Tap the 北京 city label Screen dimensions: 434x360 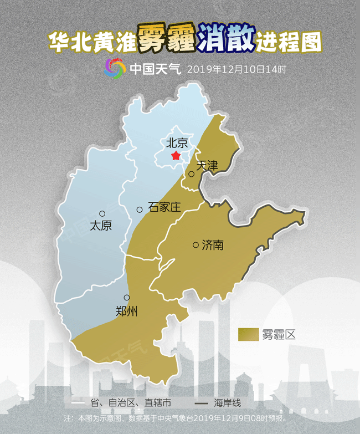point(177,143)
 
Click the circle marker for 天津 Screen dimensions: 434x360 point(191,174)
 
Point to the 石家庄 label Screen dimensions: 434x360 point(164,208)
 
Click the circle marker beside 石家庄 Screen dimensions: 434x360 point(140,210)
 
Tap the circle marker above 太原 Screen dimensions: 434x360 point(102,213)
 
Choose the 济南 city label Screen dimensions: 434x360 point(213,244)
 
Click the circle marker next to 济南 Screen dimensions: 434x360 point(196,244)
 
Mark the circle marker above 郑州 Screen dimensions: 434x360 point(127,298)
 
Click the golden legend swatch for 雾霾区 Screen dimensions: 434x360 point(249,334)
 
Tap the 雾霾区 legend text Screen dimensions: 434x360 point(280,334)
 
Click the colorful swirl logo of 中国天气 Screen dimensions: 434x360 point(115,69)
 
